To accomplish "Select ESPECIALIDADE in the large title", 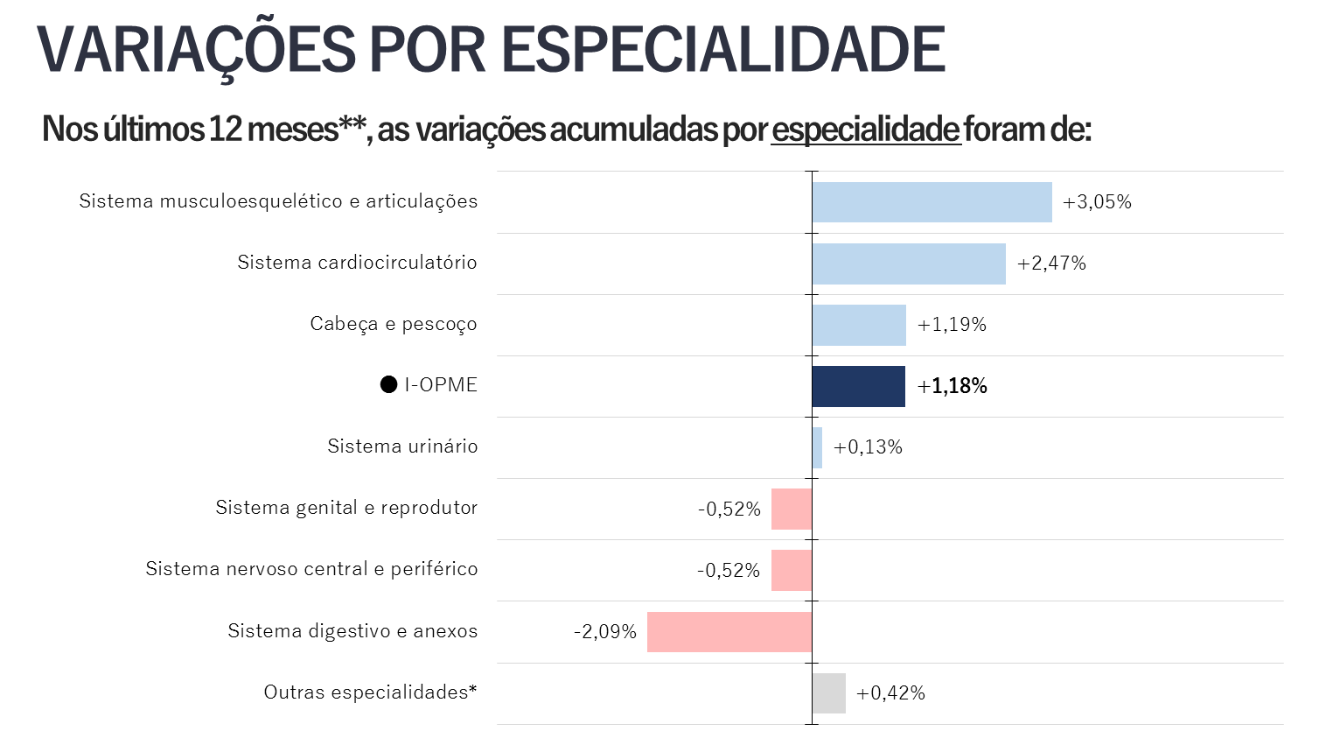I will click(x=722, y=50).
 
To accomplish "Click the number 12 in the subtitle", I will click(x=225, y=130).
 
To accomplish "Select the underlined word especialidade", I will click(x=866, y=130).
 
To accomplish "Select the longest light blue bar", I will click(x=932, y=202).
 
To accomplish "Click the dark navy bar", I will click(x=859, y=387).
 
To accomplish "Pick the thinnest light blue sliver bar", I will click(x=817, y=448).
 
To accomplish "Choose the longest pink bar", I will click(x=729, y=632).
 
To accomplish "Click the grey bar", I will click(x=829, y=693).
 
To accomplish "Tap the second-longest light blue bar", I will click(x=909, y=264).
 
